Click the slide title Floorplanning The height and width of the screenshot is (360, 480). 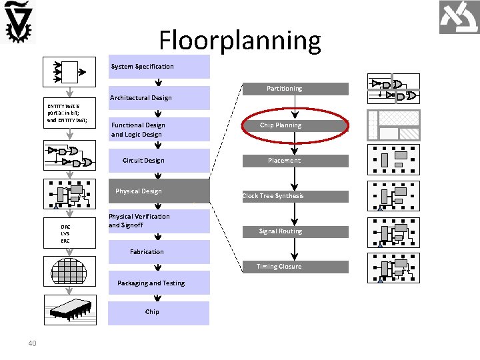(240, 41)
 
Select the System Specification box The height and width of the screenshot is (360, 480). (159, 67)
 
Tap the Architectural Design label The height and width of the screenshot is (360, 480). (141, 98)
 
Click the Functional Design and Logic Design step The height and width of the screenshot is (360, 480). (138, 129)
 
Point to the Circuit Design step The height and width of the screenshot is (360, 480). (143, 161)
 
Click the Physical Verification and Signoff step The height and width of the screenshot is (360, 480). (139, 221)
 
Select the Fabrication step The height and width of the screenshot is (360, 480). (147, 252)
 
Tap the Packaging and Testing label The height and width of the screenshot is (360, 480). (151, 283)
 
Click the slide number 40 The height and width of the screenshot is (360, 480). (32, 343)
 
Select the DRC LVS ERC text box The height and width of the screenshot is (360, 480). (65, 234)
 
